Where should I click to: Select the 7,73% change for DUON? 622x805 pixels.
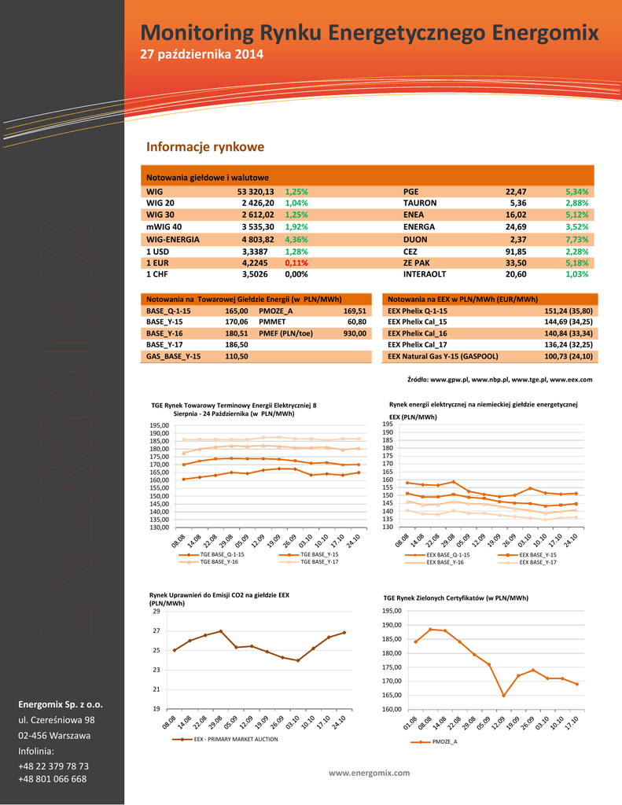(x=576, y=239)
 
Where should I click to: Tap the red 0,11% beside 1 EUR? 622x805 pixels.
(x=296, y=263)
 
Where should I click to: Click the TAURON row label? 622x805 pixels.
(x=420, y=203)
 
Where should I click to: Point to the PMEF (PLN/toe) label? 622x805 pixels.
(x=285, y=333)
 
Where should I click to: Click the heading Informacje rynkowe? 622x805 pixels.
(x=205, y=147)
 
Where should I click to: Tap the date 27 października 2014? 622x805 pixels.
(x=201, y=54)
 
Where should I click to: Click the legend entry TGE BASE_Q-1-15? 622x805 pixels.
(x=222, y=555)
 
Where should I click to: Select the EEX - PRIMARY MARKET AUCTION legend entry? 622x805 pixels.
(x=235, y=739)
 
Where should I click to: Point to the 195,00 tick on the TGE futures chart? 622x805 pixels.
(x=159, y=425)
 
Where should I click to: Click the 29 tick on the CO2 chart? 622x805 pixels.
(x=156, y=611)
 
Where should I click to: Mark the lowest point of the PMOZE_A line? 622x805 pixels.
(x=503, y=696)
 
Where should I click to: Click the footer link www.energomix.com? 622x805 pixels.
(x=369, y=773)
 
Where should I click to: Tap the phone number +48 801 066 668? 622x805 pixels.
(x=52, y=779)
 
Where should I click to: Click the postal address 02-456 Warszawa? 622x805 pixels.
(x=54, y=735)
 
